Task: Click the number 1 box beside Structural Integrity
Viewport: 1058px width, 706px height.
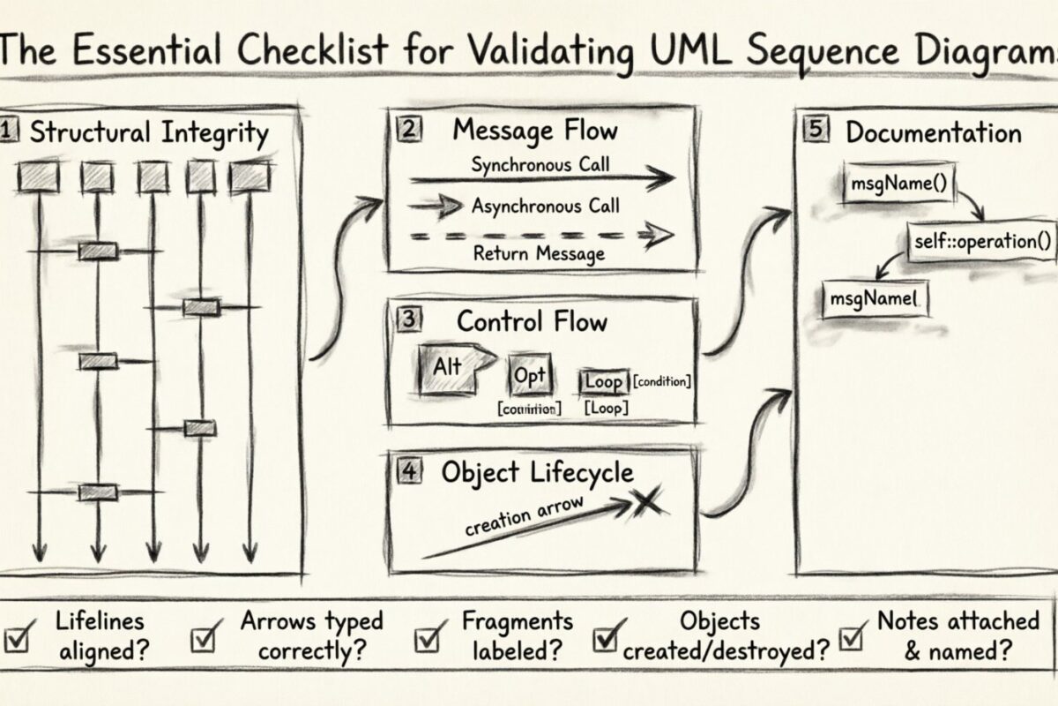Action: point(8,132)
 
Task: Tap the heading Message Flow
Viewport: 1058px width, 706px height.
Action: point(535,131)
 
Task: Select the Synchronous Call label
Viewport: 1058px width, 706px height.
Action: point(540,164)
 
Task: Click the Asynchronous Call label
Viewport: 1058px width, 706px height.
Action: point(545,207)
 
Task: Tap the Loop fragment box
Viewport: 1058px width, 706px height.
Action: point(604,382)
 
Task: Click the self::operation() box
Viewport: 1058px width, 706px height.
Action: point(981,239)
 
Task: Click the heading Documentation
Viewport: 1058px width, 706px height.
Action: point(933,133)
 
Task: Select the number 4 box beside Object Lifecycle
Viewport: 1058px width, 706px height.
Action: point(408,470)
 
